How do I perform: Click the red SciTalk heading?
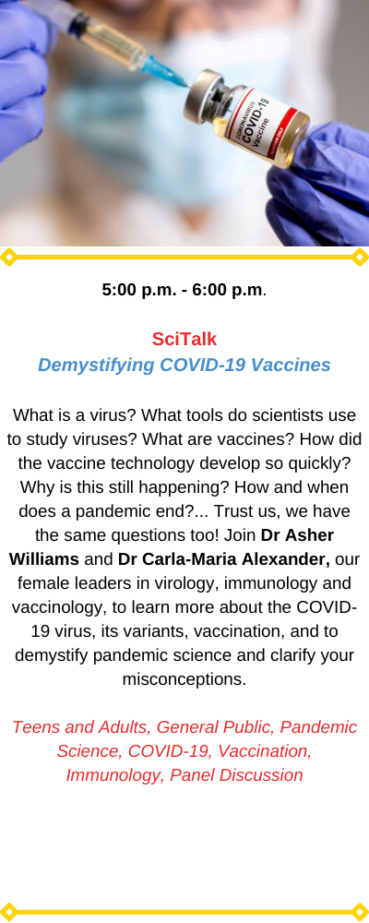click(184, 339)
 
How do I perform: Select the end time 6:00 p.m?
click(227, 290)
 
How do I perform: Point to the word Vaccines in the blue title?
click(291, 365)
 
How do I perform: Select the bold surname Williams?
click(44, 559)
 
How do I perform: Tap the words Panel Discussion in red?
click(236, 775)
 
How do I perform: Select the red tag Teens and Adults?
click(80, 727)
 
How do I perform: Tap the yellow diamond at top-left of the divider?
click(8, 258)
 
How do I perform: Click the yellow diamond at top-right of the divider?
click(360, 258)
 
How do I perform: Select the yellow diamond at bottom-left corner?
click(8, 912)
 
